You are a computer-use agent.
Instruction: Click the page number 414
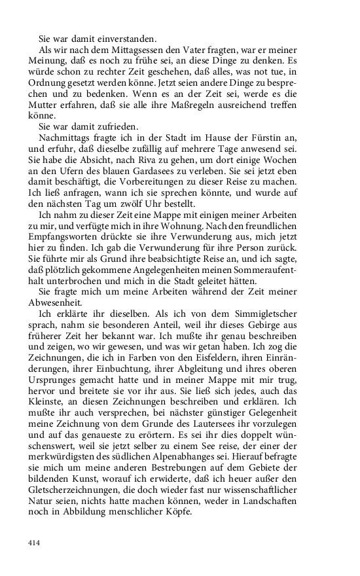(34, 543)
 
